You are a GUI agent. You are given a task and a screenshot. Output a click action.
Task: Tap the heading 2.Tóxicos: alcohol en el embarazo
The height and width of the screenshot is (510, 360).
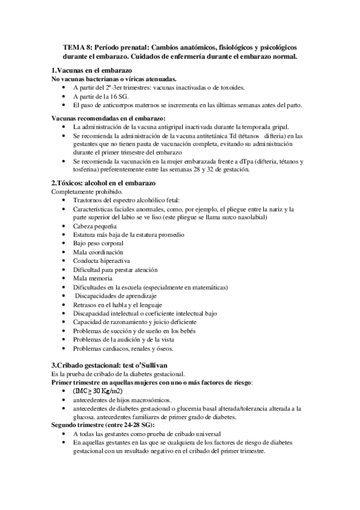coord(104,182)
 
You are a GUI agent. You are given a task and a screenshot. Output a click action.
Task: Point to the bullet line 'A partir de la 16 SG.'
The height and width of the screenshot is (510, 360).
coord(106,96)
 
